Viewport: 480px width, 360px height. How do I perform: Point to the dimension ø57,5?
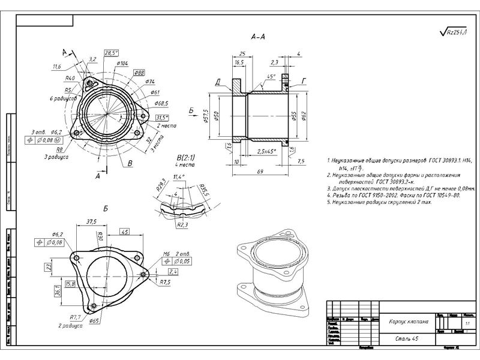pos(205,114)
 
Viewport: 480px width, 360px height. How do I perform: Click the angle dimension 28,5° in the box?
pos(111,53)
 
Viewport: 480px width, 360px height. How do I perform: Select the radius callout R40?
pos(70,78)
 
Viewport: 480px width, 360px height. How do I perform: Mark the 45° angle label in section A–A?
pos(271,76)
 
